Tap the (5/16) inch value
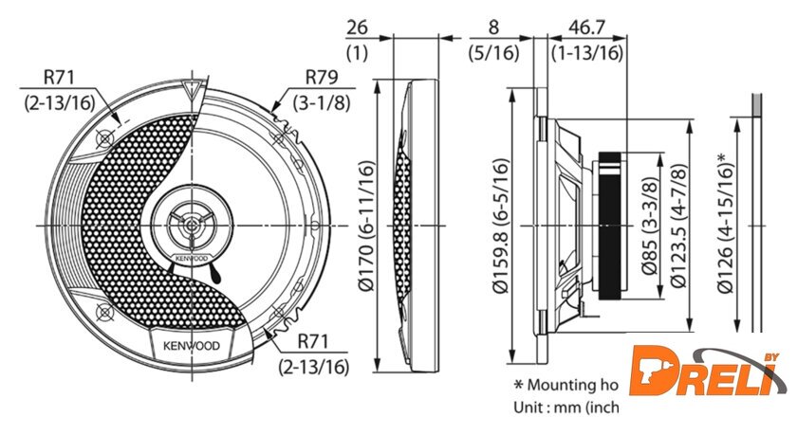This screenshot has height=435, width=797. (494, 53)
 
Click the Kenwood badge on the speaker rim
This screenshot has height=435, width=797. (188, 346)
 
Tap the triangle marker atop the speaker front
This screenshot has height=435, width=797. (195, 92)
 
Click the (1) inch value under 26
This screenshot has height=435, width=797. (357, 53)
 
